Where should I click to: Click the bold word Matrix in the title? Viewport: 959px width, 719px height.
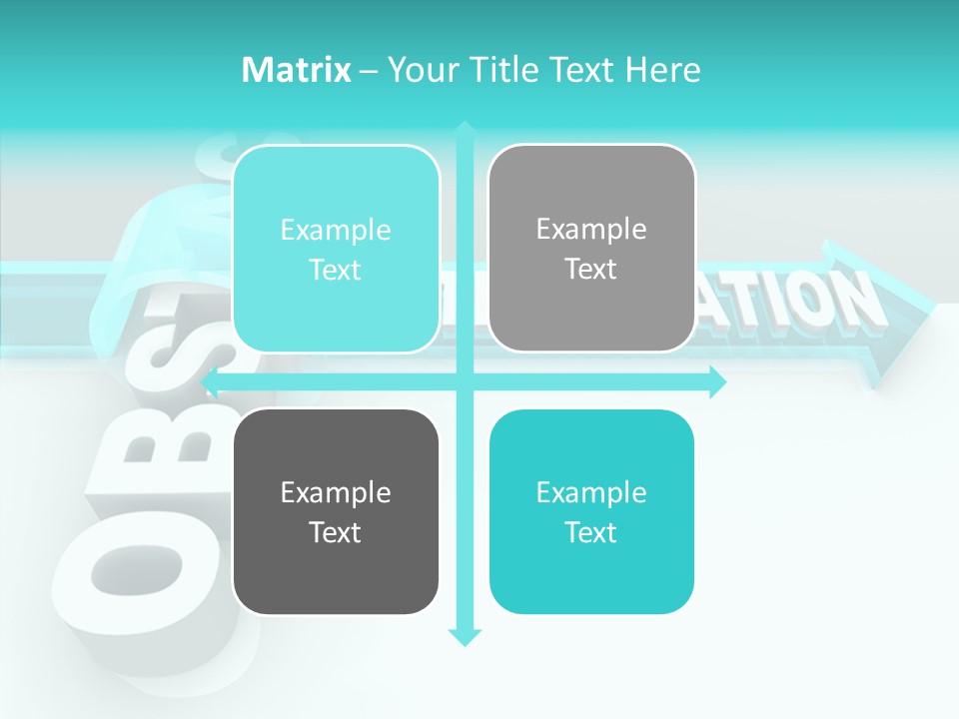297,70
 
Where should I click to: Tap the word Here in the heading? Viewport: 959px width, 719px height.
662,70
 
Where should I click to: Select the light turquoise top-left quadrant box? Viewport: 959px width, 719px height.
336,249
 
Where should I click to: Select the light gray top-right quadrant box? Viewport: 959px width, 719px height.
591,249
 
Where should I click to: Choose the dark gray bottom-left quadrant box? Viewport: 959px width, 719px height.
336,511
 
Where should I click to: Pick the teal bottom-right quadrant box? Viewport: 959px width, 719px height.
591,511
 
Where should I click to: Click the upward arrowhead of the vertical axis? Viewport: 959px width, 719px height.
465,130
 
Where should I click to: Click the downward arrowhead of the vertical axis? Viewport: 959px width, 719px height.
465,636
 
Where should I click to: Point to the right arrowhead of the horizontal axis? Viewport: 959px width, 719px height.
717,381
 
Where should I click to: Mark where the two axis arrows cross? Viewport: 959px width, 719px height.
465,381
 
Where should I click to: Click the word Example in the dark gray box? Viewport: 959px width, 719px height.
336,492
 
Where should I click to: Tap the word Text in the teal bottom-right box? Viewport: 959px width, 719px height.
591,532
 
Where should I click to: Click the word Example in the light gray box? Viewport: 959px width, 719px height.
591,229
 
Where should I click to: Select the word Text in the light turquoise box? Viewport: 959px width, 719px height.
336,270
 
